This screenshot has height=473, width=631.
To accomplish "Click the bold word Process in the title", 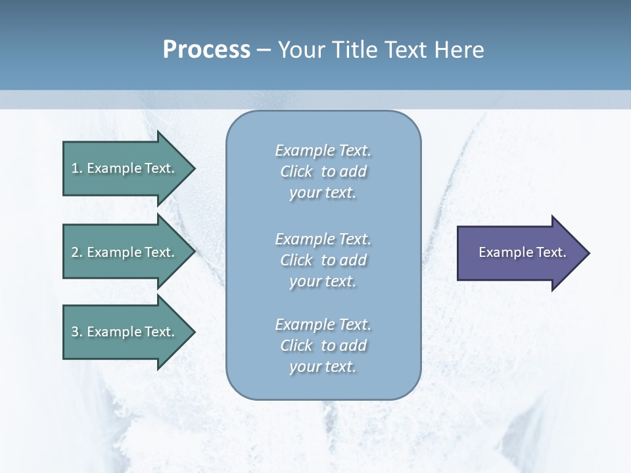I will click(x=206, y=50).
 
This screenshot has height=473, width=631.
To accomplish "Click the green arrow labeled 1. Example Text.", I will click(x=125, y=168).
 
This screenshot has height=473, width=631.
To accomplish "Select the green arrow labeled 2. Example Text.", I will click(x=125, y=252).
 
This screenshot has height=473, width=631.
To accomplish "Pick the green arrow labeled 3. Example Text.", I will click(x=125, y=332).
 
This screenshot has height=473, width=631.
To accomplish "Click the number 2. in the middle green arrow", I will click(x=76, y=252).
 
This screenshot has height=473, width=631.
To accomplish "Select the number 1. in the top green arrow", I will click(x=76, y=168).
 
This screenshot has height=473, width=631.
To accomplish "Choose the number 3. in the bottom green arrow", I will click(x=76, y=332).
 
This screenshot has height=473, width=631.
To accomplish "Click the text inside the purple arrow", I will click(x=522, y=252).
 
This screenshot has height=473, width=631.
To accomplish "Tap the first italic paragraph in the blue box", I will click(x=323, y=171).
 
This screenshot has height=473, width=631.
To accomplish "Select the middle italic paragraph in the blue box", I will click(x=323, y=259).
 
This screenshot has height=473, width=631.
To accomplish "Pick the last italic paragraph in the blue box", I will click(x=323, y=346).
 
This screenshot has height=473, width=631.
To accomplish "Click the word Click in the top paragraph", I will click(x=296, y=171).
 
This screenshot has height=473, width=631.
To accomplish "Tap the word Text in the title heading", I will click(x=404, y=50).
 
